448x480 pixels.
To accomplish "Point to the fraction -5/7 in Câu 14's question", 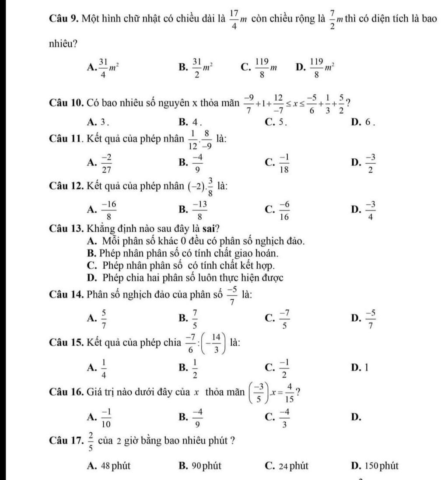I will (x=234, y=293).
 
